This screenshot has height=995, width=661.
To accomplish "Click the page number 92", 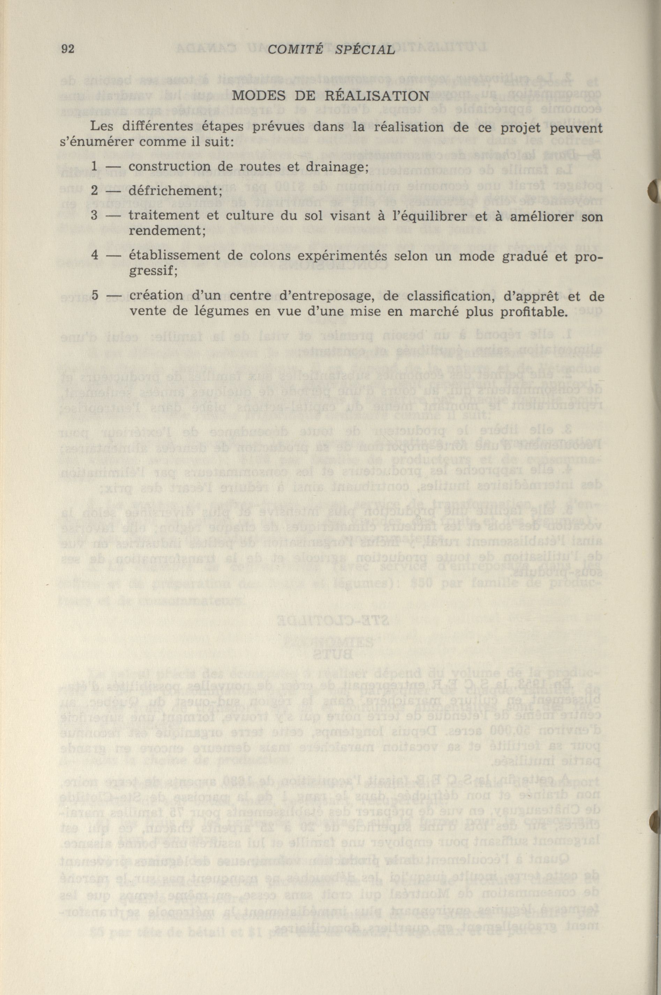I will pos(68,49).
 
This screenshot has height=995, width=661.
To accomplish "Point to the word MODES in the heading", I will pos(255,96).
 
